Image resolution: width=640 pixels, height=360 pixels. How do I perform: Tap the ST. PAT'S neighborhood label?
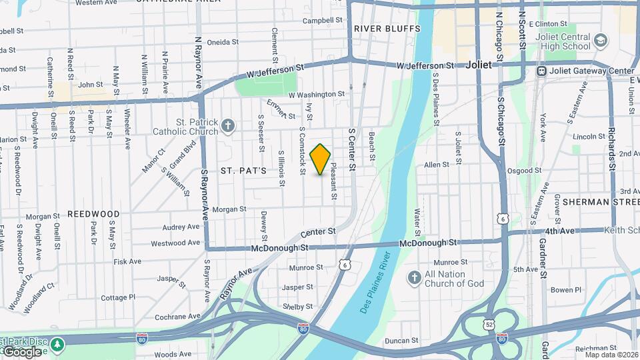point(244,171)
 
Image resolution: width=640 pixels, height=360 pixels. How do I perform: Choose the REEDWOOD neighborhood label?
point(93,215)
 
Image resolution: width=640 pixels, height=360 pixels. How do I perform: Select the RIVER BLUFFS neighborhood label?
point(387,29)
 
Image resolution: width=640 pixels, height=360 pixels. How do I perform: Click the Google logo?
point(21,352)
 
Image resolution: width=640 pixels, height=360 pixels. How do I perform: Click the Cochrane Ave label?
point(176,316)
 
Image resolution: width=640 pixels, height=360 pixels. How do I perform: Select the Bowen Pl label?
point(566,290)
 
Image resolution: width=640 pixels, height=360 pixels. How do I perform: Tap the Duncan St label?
point(401,341)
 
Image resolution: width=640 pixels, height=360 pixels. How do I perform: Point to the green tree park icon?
point(59,344)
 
